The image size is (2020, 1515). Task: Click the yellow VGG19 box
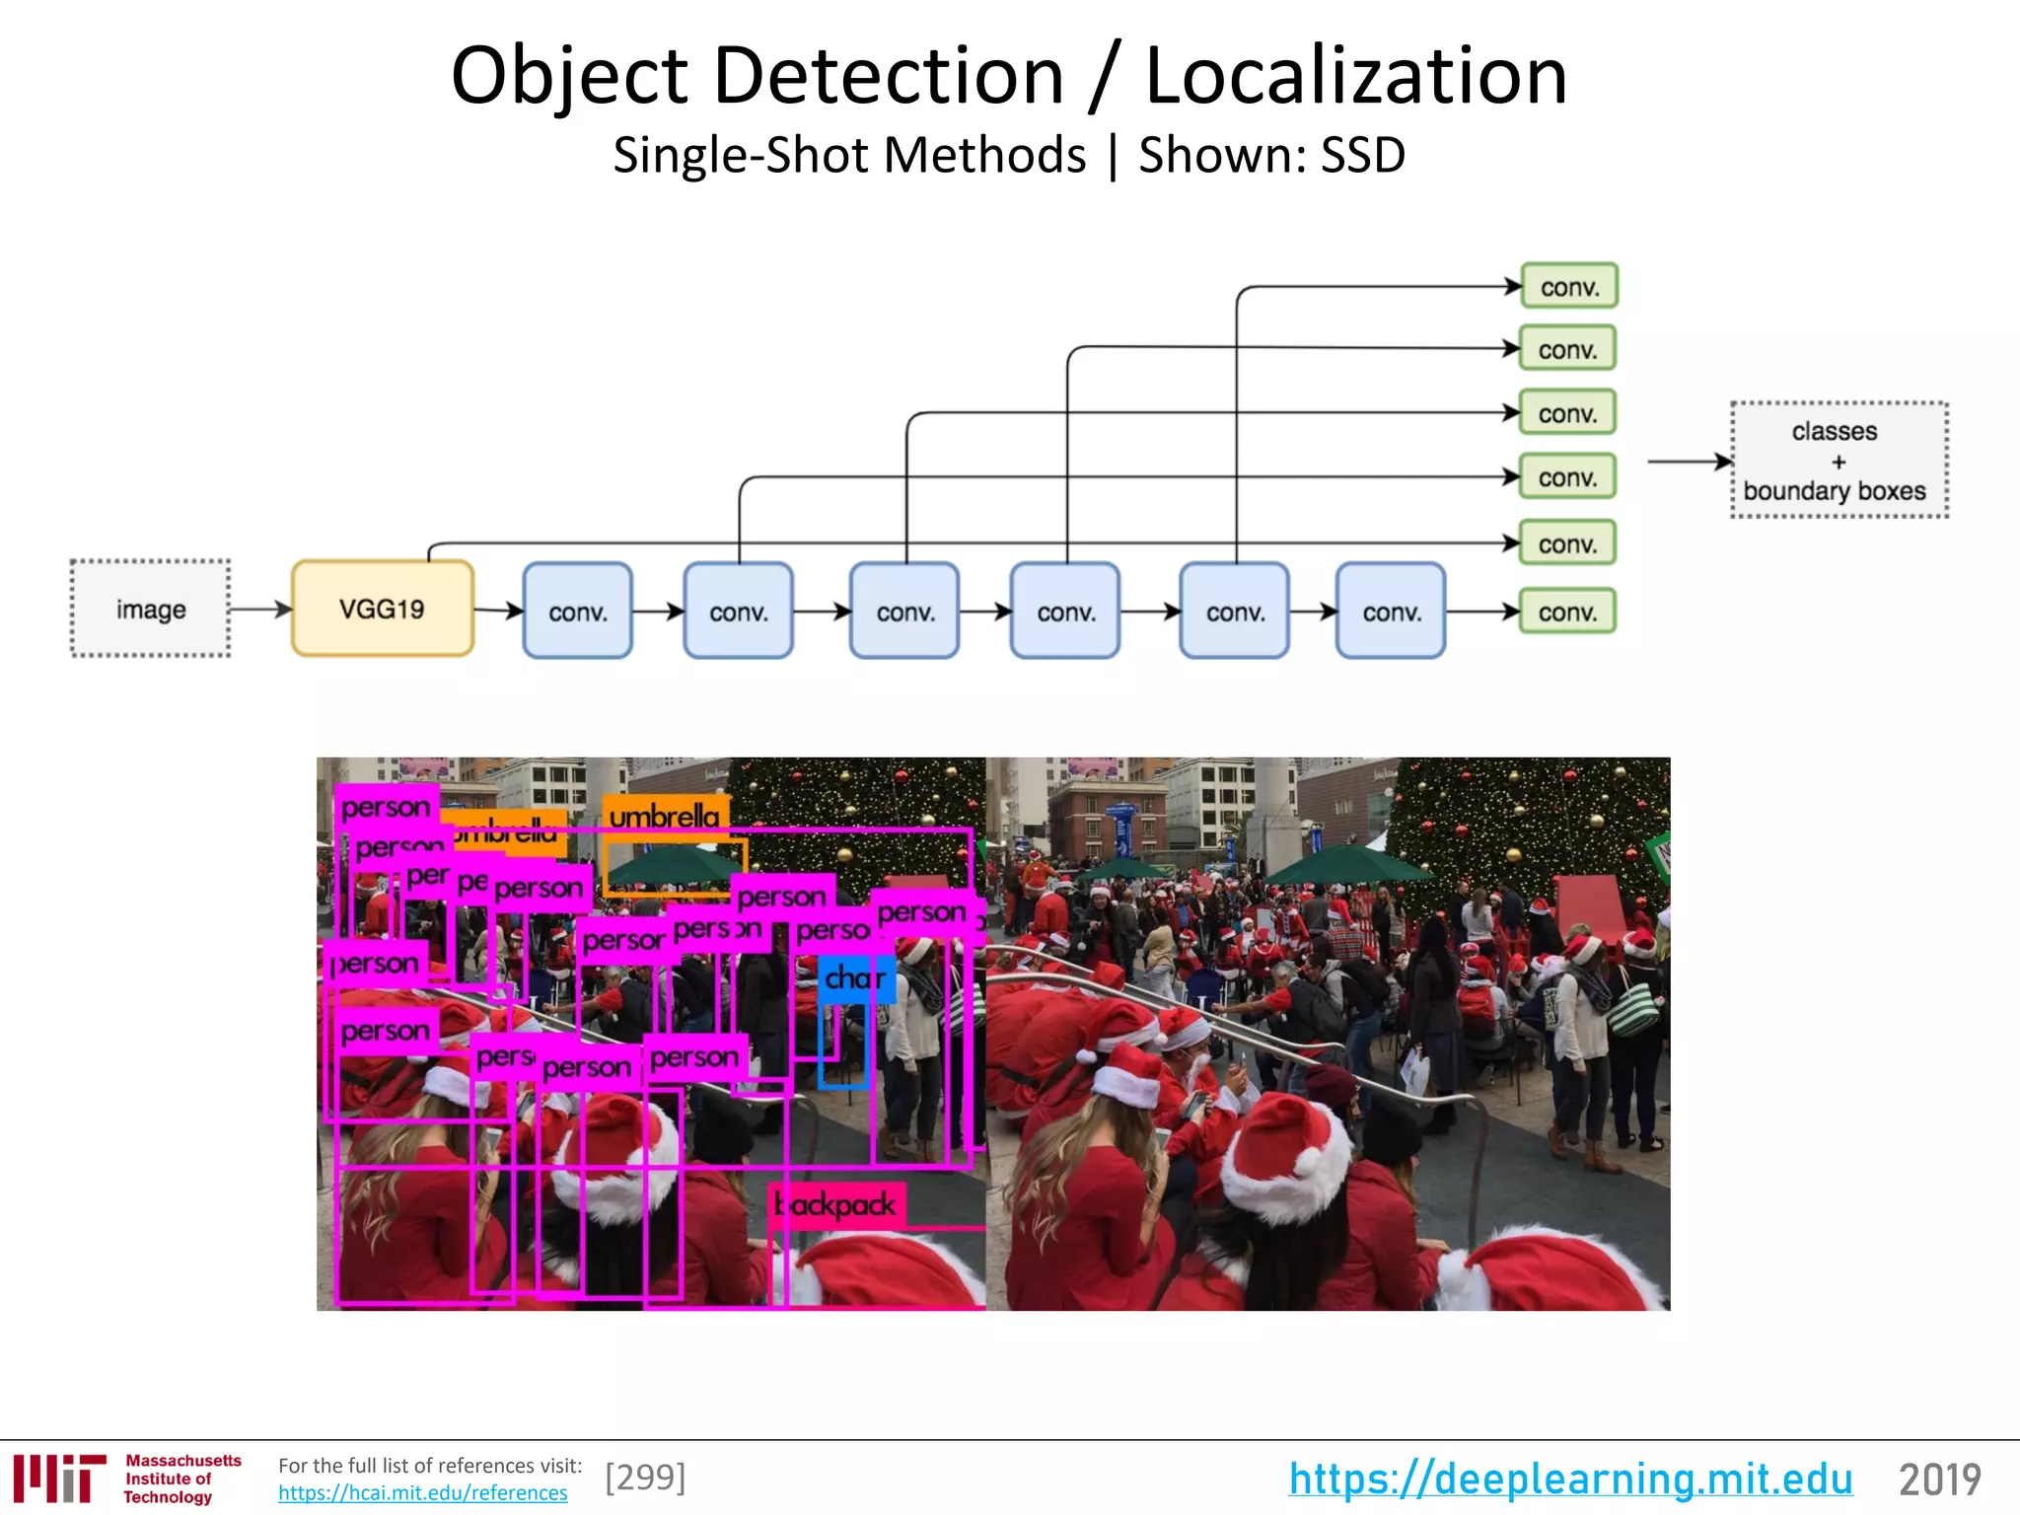click(x=383, y=609)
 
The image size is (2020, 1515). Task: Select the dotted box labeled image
click(x=151, y=609)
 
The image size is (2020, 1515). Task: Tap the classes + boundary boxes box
click(x=1839, y=461)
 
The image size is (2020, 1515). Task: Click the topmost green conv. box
click(x=1568, y=287)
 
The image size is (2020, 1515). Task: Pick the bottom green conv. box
click(x=1567, y=612)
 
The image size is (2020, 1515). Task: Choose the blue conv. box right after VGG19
click(x=577, y=612)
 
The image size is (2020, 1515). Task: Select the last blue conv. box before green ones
click(x=1391, y=612)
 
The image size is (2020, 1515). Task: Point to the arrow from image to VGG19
click(x=260, y=609)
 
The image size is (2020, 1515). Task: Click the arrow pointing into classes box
click(x=1689, y=461)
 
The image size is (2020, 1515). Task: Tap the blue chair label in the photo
click(x=855, y=978)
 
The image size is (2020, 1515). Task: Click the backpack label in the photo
click(x=836, y=1204)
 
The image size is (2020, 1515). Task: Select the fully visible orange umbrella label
click(x=665, y=817)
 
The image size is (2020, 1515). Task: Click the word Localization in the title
click(x=1356, y=76)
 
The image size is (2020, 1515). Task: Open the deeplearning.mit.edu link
click(x=1570, y=1479)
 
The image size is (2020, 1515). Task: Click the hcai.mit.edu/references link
click(x=422, y=1493)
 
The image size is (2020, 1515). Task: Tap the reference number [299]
click(x=645, y=1477)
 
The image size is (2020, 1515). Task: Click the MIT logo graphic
click(x=59, y=1479)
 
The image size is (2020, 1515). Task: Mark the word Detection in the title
click(x=888, y=76)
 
